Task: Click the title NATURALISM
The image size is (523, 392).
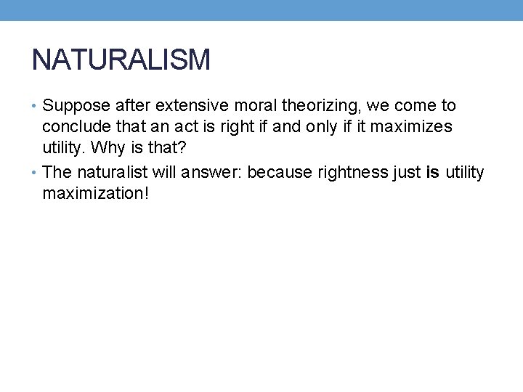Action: click(121, 60)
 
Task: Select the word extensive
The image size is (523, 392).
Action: click(186, 106)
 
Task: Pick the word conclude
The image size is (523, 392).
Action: click(72, 128)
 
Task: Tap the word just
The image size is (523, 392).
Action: click(406, 172)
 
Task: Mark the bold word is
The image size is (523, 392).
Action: click(433, 172)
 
